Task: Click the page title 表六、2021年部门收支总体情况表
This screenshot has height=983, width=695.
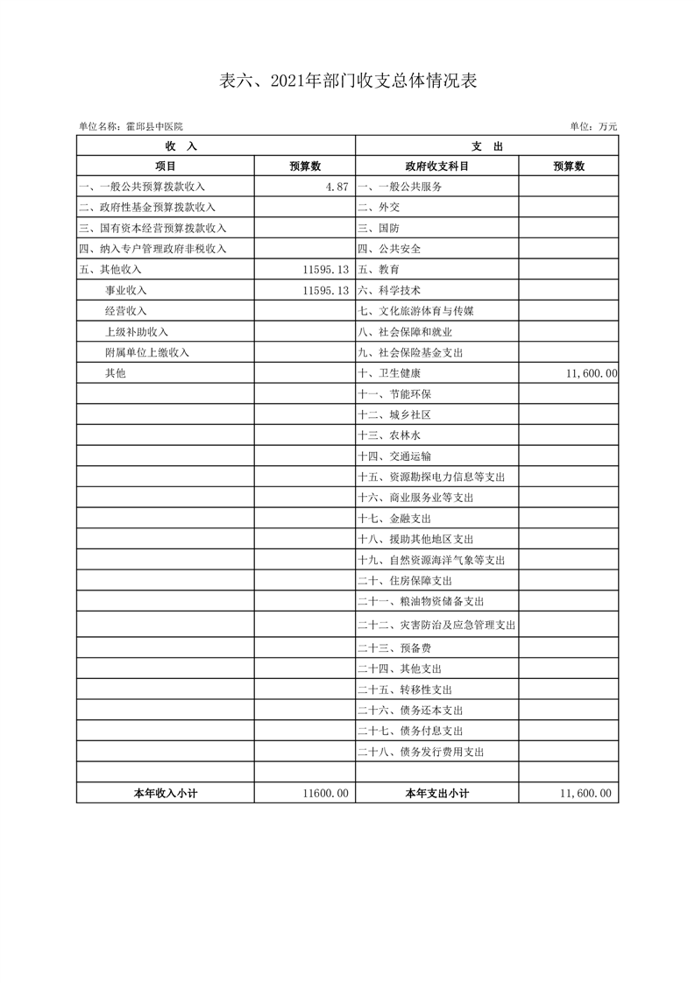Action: (x=347, y=81)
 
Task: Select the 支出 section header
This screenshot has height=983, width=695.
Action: (x=486, y=146)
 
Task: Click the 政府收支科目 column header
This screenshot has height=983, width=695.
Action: (x=436, y=166)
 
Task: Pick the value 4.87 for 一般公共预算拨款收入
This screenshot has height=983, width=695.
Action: (x=337, y=187)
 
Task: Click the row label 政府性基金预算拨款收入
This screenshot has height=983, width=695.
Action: (x=146, y=208)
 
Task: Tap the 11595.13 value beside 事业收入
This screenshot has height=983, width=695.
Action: (x=325, y=290)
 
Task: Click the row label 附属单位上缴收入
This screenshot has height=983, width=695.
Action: (x=147, y=352)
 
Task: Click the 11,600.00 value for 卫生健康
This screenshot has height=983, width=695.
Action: (x=592, y=373)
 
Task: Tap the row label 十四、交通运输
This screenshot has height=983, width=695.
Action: (x=394, y=456)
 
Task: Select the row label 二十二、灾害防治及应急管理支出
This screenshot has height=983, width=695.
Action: (x=436, y=626)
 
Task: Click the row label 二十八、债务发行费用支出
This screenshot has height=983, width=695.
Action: (x=421, y=752)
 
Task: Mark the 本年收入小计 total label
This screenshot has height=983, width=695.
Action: (x=165, y=793)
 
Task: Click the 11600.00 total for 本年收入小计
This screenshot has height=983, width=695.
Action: (x=325, y=793)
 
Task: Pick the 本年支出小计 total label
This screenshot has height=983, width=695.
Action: (x=436, y=793)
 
